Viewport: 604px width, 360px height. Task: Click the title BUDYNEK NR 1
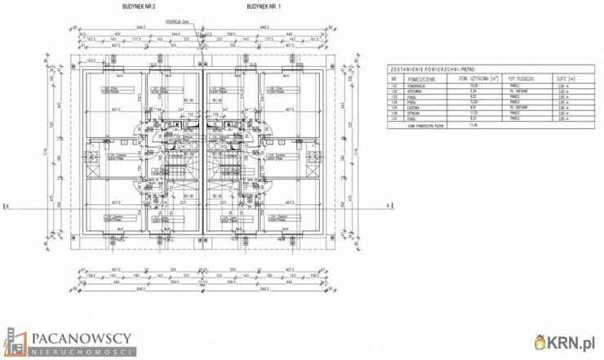point(262,6)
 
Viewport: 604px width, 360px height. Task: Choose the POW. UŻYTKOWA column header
point(468,78)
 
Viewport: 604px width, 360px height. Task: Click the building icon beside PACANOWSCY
point(16,341)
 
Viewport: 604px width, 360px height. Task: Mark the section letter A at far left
point(7,205)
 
